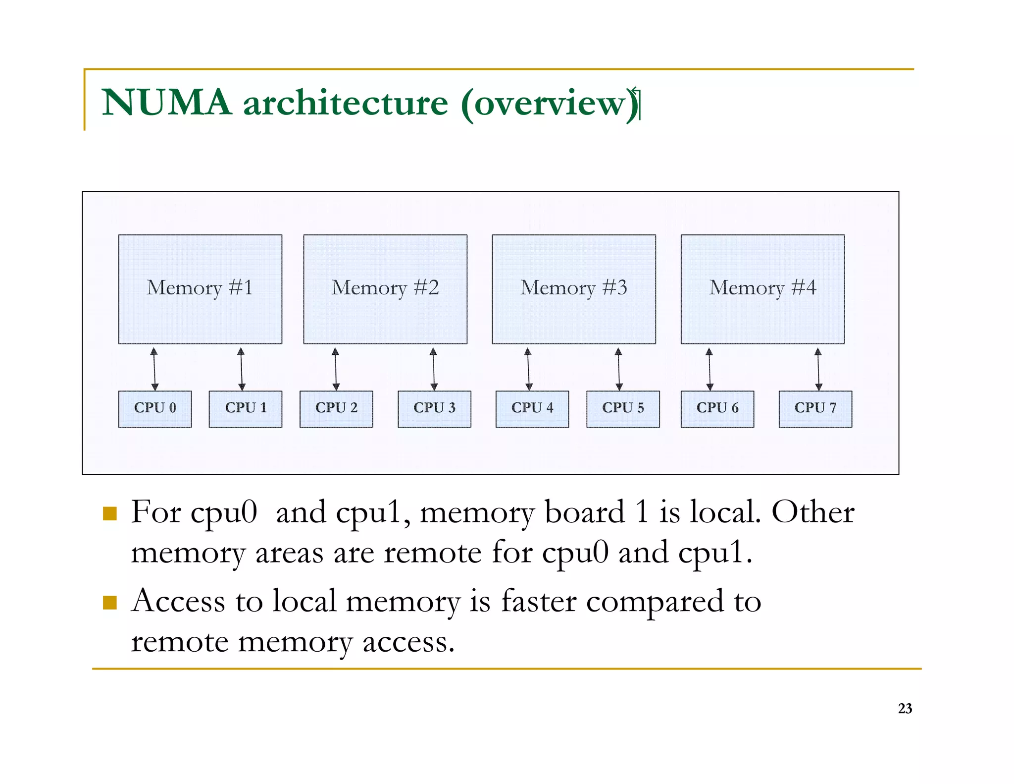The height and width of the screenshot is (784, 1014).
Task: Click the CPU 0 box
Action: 155,409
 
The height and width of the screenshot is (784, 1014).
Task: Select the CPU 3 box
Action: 434,409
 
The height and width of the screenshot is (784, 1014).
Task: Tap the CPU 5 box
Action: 623,409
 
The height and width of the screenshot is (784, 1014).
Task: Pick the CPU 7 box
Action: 815,409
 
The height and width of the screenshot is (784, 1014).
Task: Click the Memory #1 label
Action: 200,288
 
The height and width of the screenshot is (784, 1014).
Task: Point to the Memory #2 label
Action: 385,288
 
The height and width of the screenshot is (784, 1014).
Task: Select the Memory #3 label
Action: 574,288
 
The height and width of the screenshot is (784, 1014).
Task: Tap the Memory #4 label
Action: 762,288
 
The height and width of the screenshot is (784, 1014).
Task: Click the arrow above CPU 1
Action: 241,369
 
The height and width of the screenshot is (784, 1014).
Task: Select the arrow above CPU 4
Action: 528,369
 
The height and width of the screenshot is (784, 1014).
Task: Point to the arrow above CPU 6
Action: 710,369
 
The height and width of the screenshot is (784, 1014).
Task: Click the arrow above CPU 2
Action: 336,369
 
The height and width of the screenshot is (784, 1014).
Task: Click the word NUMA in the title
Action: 166,103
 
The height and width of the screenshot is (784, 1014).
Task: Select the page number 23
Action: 905,709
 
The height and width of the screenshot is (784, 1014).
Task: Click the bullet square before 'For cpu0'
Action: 109,513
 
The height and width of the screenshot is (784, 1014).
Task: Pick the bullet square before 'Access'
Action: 109,603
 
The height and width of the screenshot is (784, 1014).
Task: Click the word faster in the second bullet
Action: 539,601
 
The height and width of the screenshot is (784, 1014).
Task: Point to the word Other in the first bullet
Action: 812,512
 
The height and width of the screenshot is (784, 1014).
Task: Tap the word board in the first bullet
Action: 584,512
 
